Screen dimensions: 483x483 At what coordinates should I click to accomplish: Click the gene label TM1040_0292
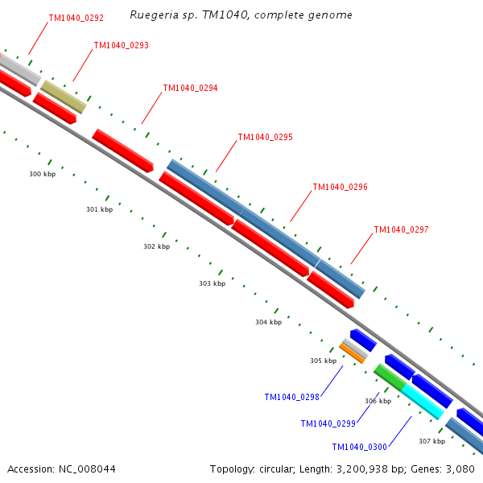click(x=76, y=17)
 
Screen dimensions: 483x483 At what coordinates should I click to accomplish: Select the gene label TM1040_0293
click(x=121, y=45)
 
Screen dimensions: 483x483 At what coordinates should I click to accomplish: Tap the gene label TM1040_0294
click(x=190, y=88)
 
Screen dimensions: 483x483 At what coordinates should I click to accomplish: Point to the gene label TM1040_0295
click(x=265, y=137)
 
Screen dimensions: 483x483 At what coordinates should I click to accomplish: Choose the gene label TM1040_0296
click(x=340, y=187)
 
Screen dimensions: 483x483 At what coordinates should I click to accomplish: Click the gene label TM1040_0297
click(x=401, y=229)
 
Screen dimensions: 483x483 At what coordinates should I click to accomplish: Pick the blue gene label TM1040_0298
click(x=291, y=397)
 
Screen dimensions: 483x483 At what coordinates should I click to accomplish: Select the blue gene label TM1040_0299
click(x=328, y=423)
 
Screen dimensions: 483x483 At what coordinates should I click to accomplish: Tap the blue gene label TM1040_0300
click(x=359, y=447)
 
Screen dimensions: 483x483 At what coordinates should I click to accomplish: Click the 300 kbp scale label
click(x=42, y=174)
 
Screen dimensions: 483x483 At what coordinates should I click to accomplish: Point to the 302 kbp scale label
click(x=156, y=246)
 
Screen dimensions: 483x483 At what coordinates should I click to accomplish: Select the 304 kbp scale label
click(x=268, y=322)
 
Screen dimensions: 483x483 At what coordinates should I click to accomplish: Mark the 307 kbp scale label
click(x=431, y=441)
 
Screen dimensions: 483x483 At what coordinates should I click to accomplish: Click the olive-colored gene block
click(x=64, y=97)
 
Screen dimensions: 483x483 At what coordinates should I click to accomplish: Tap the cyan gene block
click(x=423, y=401)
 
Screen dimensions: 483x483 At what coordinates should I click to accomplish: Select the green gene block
click(x=390, y=377)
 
